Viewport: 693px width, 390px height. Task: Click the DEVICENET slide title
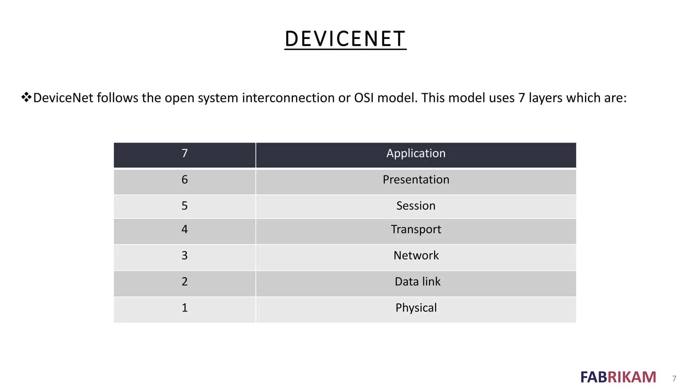[x=345, y=39]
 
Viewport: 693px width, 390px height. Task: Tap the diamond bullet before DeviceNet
[x=26, y=97]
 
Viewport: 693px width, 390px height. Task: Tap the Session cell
[x=416, y=206]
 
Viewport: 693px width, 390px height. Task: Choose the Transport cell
[x=416, y=230]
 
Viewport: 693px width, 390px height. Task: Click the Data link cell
[x=417, y=282]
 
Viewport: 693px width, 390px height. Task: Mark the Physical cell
[x=416, y=308]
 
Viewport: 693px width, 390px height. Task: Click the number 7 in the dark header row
[x=184, y=153]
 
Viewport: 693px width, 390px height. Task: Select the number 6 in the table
[x=184, y=179]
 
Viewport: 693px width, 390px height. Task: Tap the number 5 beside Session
[x=184, y=206]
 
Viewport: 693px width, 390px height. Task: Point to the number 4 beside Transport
[x=184, y=230]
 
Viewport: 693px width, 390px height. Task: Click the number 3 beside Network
[x=184, y=255]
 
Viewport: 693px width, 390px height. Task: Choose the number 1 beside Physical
[x=184, y=308]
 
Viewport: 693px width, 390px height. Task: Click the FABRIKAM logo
[x=618, y=377]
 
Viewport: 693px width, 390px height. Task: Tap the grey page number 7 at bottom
[x=674, y=378]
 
